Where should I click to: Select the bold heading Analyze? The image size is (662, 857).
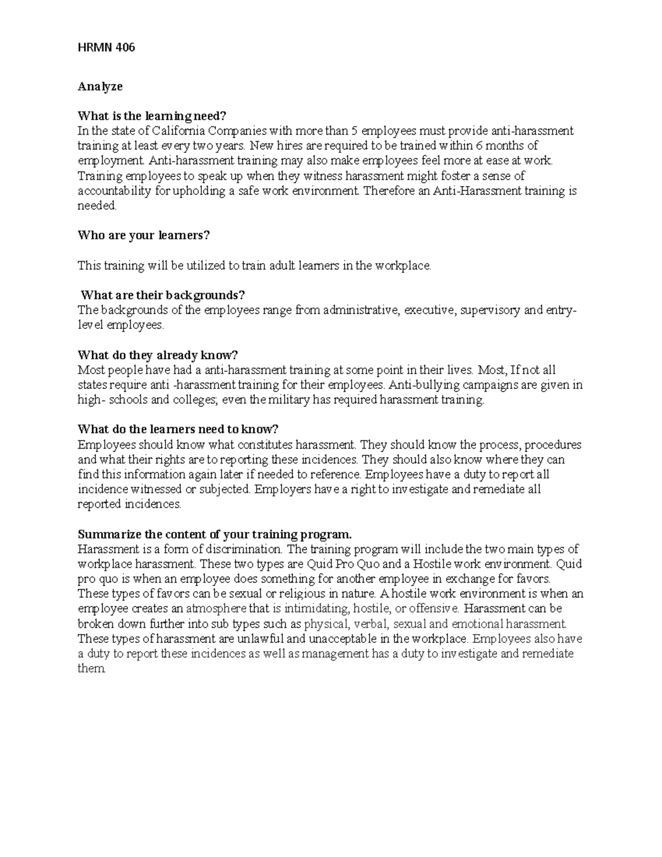(100, 86)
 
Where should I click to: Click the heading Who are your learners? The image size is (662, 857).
(144, 236)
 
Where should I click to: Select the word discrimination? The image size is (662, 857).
(244, 549)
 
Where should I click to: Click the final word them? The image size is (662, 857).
(90, 669)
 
